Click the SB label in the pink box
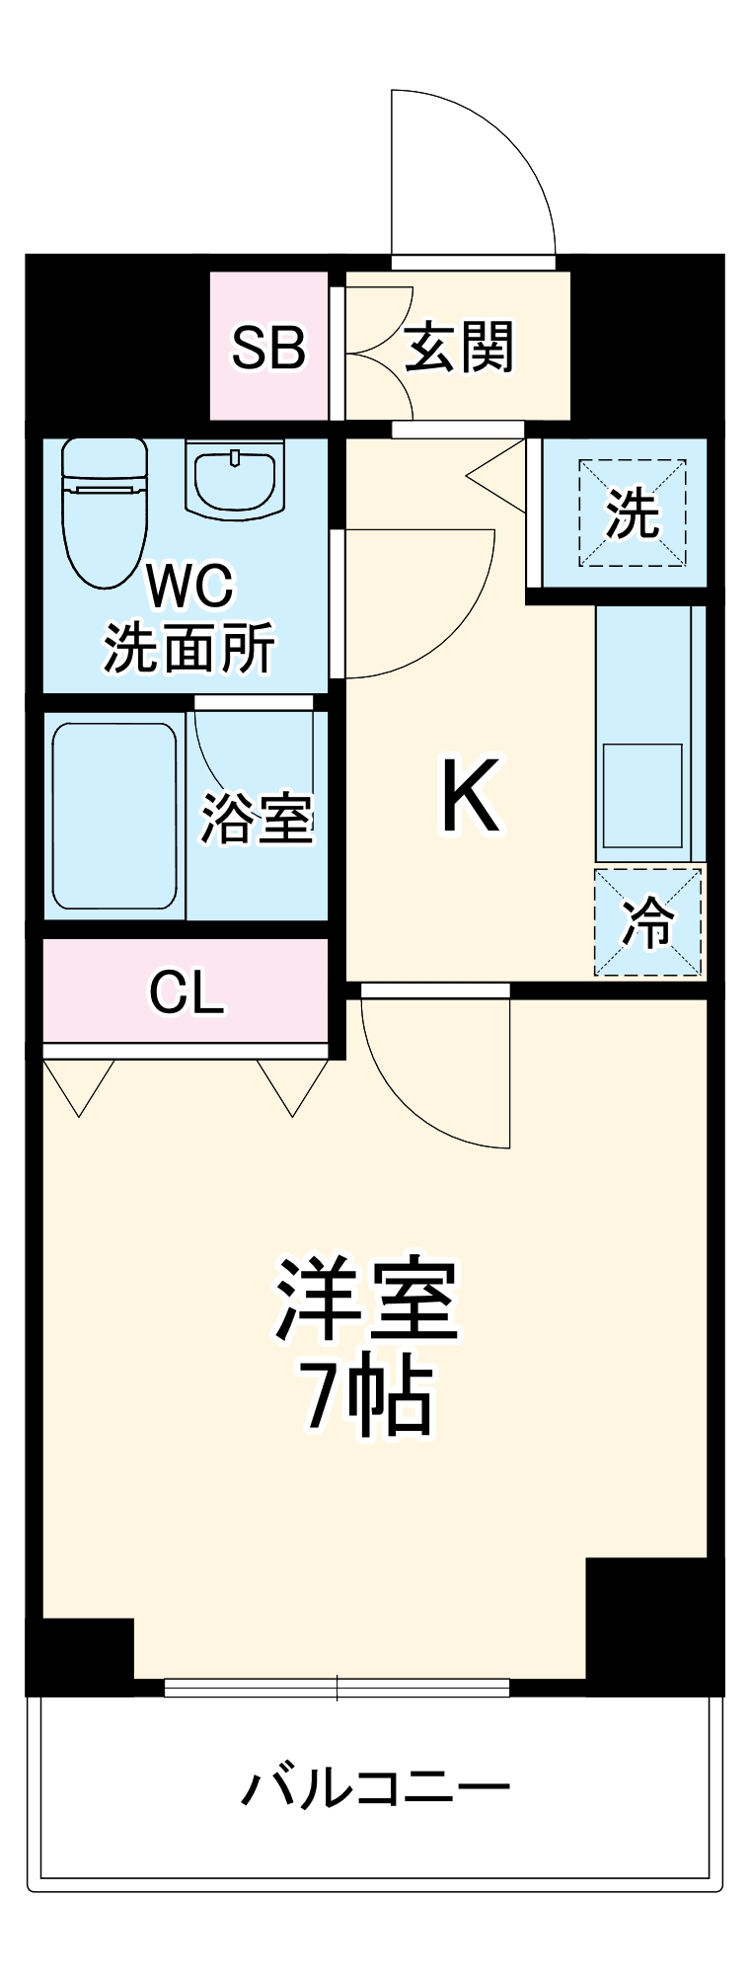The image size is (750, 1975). (x=268, y=348)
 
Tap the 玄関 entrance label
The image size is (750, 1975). (x=459, y=348)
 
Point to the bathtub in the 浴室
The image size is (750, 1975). (x=114, y=816)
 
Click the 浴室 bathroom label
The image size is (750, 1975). (x=258, y=818)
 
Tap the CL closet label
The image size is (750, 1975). (x=186, y=991)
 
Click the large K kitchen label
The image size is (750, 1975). (x=471, y=796)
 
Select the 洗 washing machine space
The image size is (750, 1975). (x=632, y=513)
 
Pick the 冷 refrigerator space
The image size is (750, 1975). (x=647, y=922)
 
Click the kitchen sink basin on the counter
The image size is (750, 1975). (x=642, y=795)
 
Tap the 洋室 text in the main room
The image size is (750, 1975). (x=366, y=1301)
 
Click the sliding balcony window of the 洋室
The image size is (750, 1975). (x=337, y=1688)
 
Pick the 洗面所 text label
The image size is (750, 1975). (x=188, y=648)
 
